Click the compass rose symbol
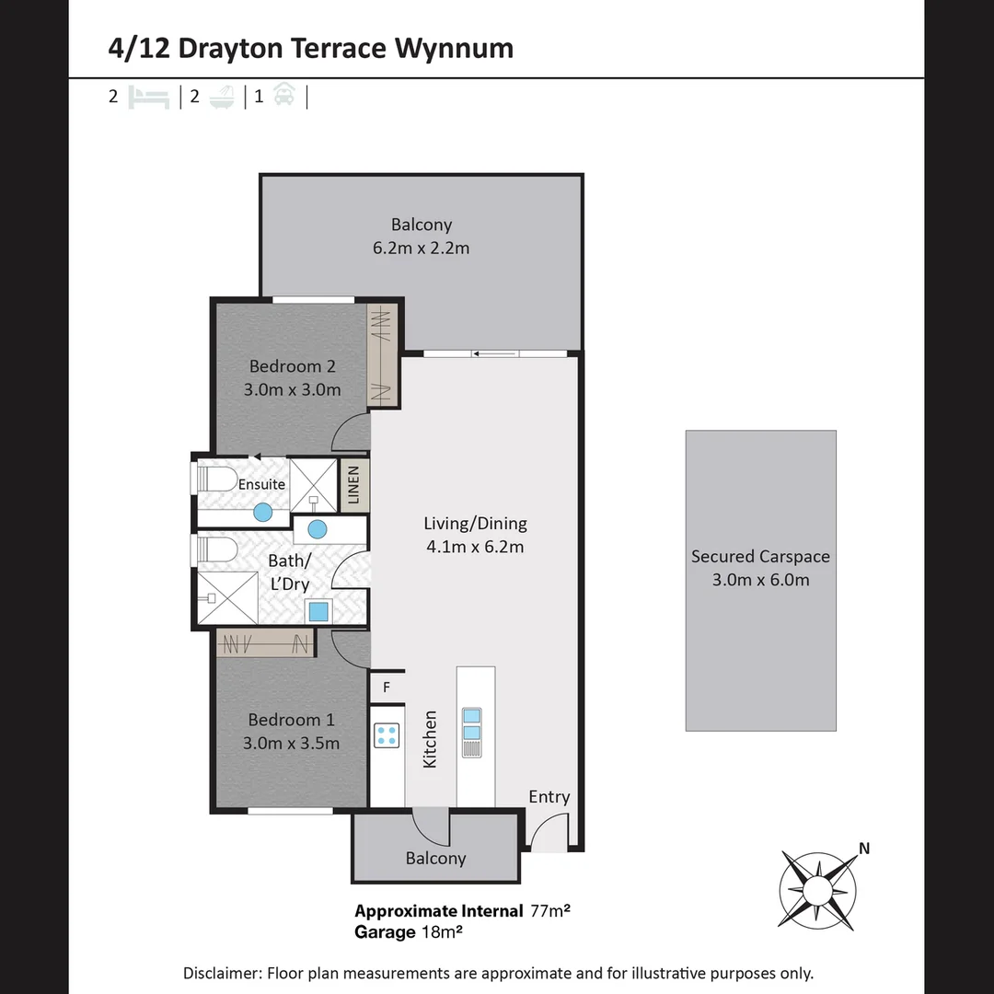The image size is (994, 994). [x=817, y=889]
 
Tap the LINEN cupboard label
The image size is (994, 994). [x=354, y=485]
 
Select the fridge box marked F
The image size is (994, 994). [x=387, y=688]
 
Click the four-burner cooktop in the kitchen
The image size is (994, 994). [x=387, y=735]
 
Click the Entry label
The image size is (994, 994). [x=549, y=797]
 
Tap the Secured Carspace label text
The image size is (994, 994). [x=760, y=557]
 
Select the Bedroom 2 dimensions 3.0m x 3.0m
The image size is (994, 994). [x=292, y=389]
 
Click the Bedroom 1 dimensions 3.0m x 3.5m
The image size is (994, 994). [x=291, y=743]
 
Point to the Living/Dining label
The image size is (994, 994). [x=475, y=524]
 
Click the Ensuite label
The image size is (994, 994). [x=262, y=484]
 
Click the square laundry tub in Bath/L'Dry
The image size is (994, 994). [x=318, y=611]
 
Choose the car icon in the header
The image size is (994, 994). [x=284, y=96]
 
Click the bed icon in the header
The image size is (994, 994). [x=149, y=97]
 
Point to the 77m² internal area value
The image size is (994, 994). [x=550, y=911]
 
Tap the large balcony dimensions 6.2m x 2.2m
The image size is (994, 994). [x=422, y=248]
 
